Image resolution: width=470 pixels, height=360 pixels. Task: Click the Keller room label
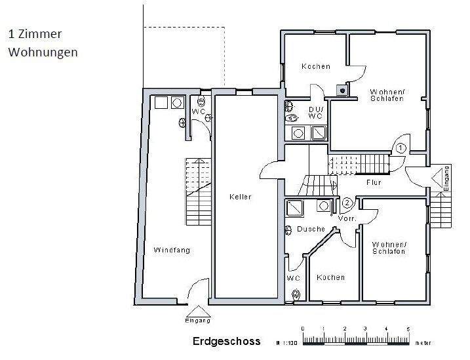pos(240,197)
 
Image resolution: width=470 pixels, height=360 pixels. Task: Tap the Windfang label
pos(169,250)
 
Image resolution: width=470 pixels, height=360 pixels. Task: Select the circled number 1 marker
pos(401,148)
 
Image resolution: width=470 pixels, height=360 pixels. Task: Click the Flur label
pos(374,183)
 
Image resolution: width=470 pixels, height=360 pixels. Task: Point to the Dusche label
pos(311,229)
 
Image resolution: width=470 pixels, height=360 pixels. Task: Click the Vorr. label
pos(347,218)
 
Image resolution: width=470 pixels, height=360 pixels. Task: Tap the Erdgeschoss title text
pos(226,341)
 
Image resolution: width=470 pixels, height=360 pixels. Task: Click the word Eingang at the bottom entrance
pos(198,321)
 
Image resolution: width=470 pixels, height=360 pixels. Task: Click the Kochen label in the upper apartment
pos(315,66)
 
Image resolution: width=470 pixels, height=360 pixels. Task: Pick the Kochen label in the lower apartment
pos(330,277)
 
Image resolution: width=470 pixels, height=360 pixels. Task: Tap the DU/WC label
pos(315,113)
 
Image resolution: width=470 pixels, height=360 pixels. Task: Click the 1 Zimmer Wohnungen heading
pos(43,43)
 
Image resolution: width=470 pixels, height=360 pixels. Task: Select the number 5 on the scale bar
pos(408,329)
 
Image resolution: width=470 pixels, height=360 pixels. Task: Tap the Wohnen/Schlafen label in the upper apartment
pos(387,94)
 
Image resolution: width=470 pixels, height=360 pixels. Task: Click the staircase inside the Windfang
pos(197,190)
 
